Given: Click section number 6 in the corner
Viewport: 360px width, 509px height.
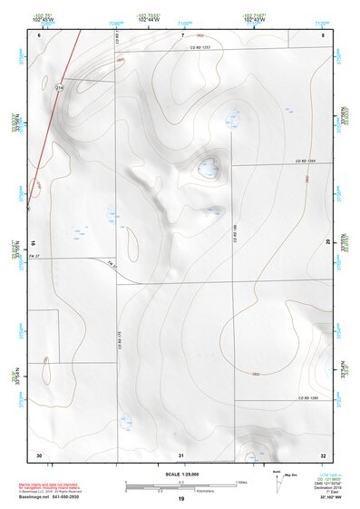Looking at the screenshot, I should pos(40,34).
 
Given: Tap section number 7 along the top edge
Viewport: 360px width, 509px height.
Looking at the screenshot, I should pos(181,34).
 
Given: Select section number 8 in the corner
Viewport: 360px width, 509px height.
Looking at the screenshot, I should pos(323,34).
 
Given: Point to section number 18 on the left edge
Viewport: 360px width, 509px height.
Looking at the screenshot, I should pos(33,242).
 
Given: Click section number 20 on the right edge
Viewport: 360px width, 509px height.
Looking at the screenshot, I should pos(326,242).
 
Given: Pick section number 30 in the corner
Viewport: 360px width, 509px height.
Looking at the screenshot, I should pos(39,454).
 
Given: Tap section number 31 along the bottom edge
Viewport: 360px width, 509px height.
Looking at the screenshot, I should pos(180,454).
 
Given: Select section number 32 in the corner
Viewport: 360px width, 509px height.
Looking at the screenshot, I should pos(323,454).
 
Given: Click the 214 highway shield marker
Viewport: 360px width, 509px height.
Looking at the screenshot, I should pos(60,87).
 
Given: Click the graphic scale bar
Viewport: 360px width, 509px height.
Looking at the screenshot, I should pos(180,486).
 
